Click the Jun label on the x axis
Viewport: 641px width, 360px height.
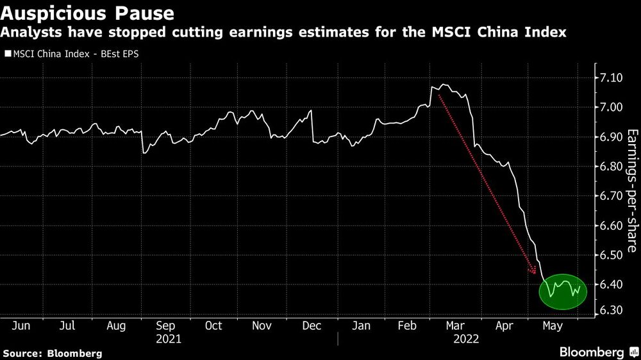pos(21,325)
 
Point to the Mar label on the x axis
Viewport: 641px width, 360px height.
pos(456,325)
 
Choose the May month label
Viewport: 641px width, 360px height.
pos(552,325)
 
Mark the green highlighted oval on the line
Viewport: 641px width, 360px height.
pos(562,290)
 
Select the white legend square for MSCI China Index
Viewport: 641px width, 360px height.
pos(7,54)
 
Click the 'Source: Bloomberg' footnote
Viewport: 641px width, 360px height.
pos(52,353)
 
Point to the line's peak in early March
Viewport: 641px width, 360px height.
pos(442,85)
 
